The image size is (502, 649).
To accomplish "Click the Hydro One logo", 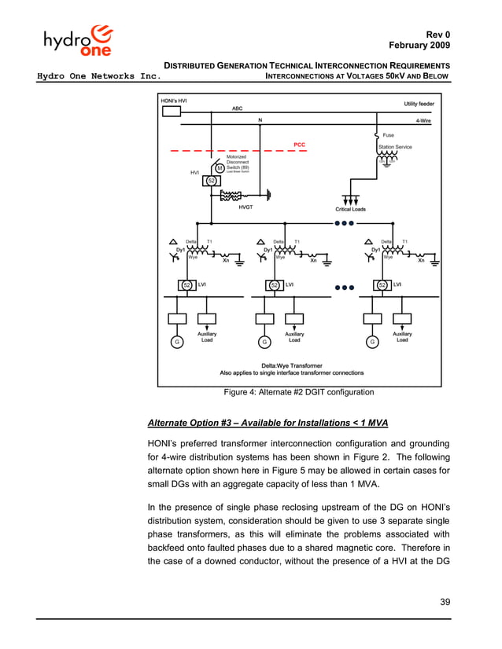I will tap(79, 41).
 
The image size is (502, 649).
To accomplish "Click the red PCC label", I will tap(299, 145).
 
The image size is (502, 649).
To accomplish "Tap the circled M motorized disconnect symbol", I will tap(220, 169).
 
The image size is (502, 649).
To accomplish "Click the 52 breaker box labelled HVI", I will tap(211, 181).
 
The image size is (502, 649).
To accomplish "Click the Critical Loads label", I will tap(350, 209).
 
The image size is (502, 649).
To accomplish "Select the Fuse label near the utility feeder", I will tap(389, 135).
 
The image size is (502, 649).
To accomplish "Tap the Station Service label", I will tap(395, 146).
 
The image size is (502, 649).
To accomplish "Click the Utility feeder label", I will tap(419, 104).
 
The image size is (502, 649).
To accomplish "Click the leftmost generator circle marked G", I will tap(178, 342).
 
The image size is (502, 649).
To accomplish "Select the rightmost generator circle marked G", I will tap(371, 342).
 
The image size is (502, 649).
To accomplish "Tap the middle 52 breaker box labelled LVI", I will tap(275, 284).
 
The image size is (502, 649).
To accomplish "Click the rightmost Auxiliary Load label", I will tap(402, 337).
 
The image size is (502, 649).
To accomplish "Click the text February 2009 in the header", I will tap(419, 46).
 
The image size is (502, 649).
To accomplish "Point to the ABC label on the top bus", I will tap(237, 108).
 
